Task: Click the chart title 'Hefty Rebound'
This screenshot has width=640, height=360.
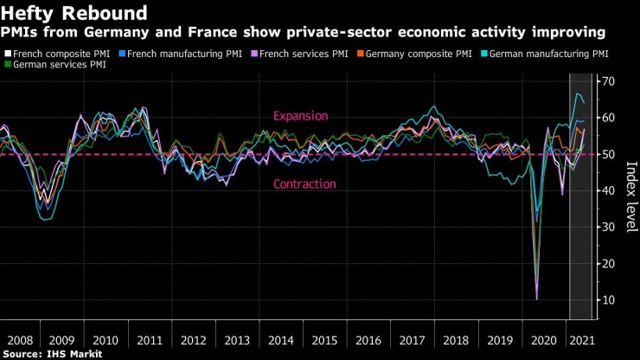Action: click(74, 13)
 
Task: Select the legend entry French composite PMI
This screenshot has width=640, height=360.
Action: click(61, 54)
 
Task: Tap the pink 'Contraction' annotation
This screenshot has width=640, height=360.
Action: click(304, 184)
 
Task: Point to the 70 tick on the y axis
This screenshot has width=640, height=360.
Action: click(609, 80)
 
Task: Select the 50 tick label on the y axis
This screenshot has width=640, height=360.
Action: click(609, 154)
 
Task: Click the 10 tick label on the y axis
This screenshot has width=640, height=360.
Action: click(609, 299)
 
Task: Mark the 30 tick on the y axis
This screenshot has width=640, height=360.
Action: click(609, 227)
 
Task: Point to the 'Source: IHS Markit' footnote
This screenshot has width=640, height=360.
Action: click(52, 354)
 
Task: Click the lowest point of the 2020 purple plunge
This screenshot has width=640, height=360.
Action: click(536, 299)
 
